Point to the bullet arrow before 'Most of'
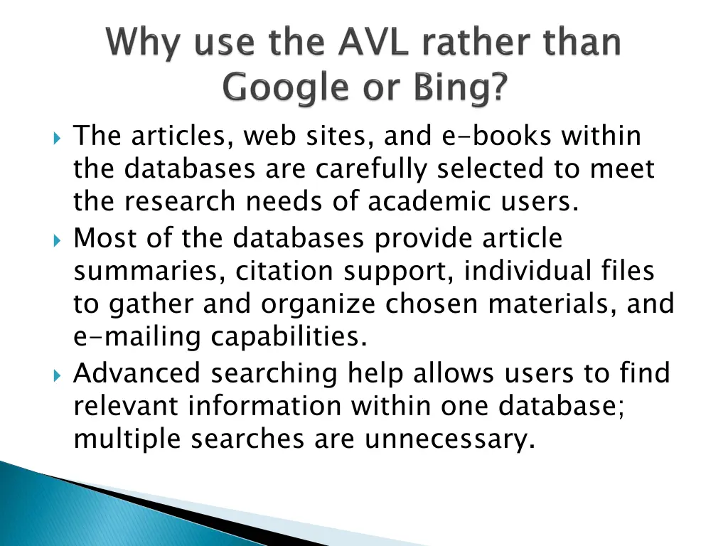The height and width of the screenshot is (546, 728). click(x=58, y=239)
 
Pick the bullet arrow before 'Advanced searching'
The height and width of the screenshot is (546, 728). click(x=58, y=374)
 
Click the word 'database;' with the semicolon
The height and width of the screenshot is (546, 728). click(x=562, y=406)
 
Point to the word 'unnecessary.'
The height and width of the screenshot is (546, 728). click(x=449, y=439)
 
